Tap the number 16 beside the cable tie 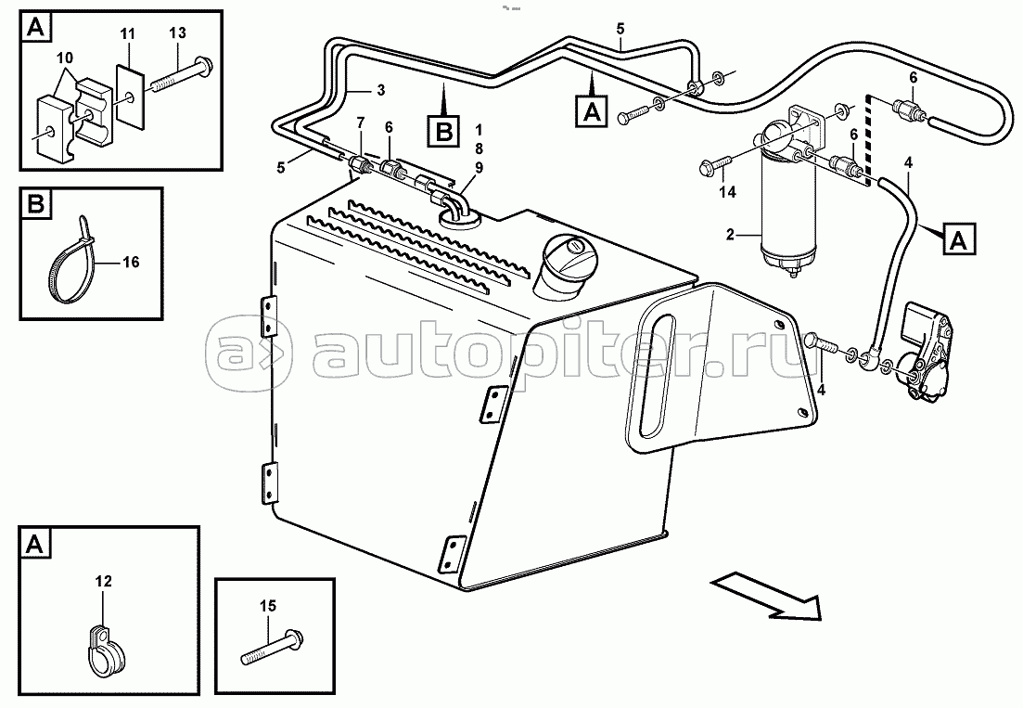131,262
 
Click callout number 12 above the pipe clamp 103,581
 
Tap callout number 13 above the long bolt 177,32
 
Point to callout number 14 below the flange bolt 727,192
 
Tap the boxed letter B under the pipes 443,131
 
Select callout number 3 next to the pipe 382,90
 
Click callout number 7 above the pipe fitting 361,123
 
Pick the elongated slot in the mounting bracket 657,376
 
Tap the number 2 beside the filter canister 730,234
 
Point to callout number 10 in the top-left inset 65,58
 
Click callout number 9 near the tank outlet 479,168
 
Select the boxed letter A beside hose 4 958,239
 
